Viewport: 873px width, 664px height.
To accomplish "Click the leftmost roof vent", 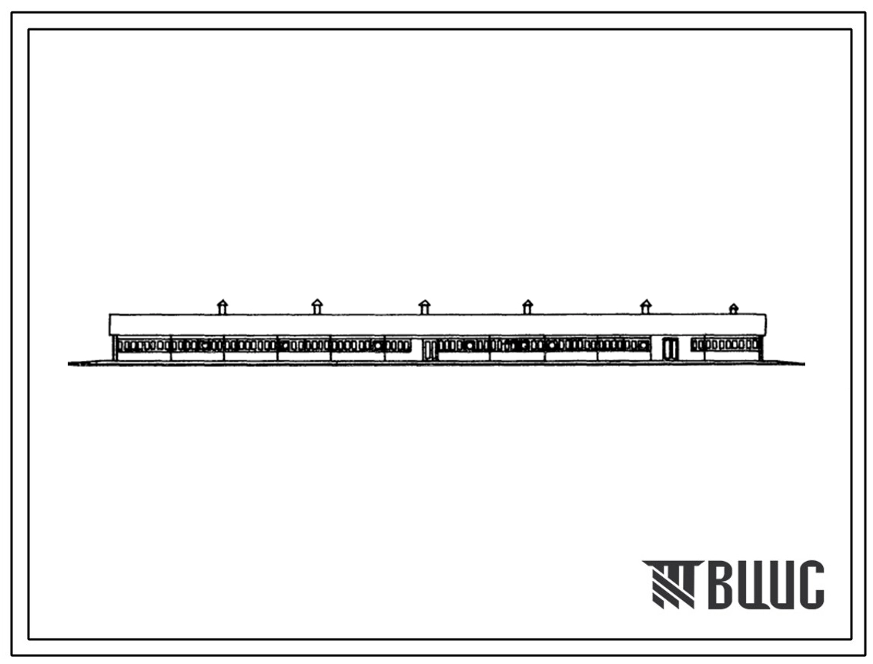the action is pyautogui.click(x=222, y=307).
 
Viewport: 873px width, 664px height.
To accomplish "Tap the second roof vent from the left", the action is pyautogui.click(x=317, y=307).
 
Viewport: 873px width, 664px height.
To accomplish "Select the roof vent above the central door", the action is pyautogui.click(x=424, y=307).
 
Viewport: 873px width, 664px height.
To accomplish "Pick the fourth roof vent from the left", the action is pyautogui.click(x=527, y=307).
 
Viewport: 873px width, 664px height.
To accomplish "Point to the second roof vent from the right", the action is pyautogui.click(x=645, y=307).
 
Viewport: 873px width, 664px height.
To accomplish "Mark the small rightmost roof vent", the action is pyautogui.click(x=734, y=309).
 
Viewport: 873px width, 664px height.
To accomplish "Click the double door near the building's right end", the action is pyautogui.click(x=671, y=349).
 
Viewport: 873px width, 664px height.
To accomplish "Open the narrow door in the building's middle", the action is pyautogui.click(x=429, y=350).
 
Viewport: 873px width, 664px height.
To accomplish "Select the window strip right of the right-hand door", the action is pyautogui.click(x=725, y=345).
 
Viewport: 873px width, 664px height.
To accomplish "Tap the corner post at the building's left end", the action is pyautogui.click(x=115, y=349).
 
